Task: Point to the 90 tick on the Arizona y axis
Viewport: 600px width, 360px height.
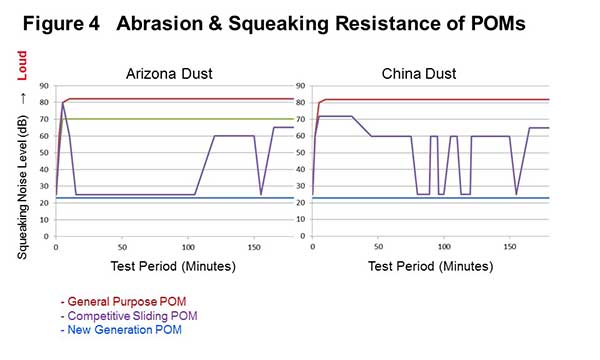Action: pyautogui.click(x=45, y=85)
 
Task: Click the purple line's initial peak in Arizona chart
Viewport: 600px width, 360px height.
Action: pyautogui.click(x=65, y=102)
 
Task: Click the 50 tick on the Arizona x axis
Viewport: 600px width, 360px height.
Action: pyautogui.click(x=122, y=246)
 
